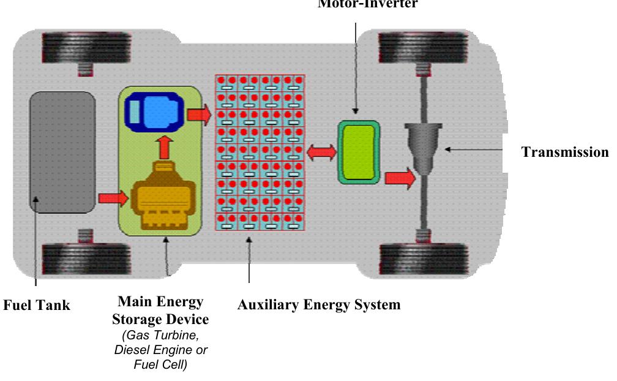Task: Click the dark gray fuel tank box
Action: tap(62, 151)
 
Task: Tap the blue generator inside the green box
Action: tap(155, 111)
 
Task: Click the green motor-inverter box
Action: tap(359, 152)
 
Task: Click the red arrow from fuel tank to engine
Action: tap(113, 198)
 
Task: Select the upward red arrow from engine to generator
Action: tap(163, 148)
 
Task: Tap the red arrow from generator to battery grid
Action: tap(198, 114)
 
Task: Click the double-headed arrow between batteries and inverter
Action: tap(321, 153)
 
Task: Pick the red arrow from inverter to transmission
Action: tap(400, 178)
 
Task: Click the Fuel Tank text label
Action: tap(37, 304)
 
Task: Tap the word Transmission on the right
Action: tap(565, 153)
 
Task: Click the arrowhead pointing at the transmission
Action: tap(449, 149)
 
